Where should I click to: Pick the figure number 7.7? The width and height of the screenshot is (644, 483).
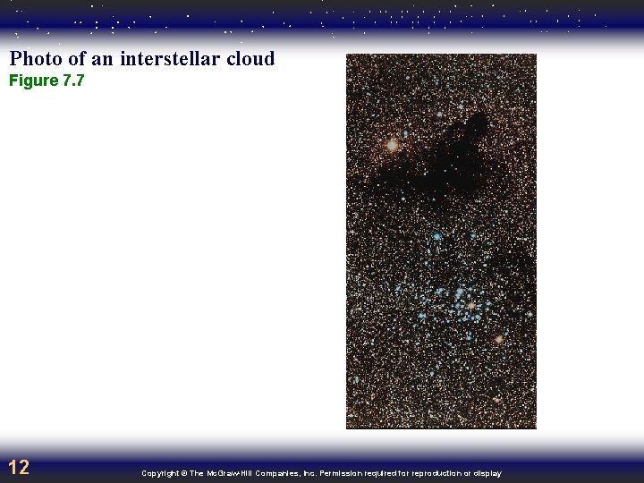(x=72, y=81)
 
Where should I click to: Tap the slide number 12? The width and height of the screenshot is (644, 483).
(x=19, y=467)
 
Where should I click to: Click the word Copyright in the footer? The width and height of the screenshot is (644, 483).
(x=159, y=473)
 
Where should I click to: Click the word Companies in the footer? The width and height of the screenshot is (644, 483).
(x=275, y=473)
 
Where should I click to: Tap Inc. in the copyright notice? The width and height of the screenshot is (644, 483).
(x=306, y=473)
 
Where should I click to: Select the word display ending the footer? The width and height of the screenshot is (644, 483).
(x=488, y=473)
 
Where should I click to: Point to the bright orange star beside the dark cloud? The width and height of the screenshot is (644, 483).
(x=392, y=144)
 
